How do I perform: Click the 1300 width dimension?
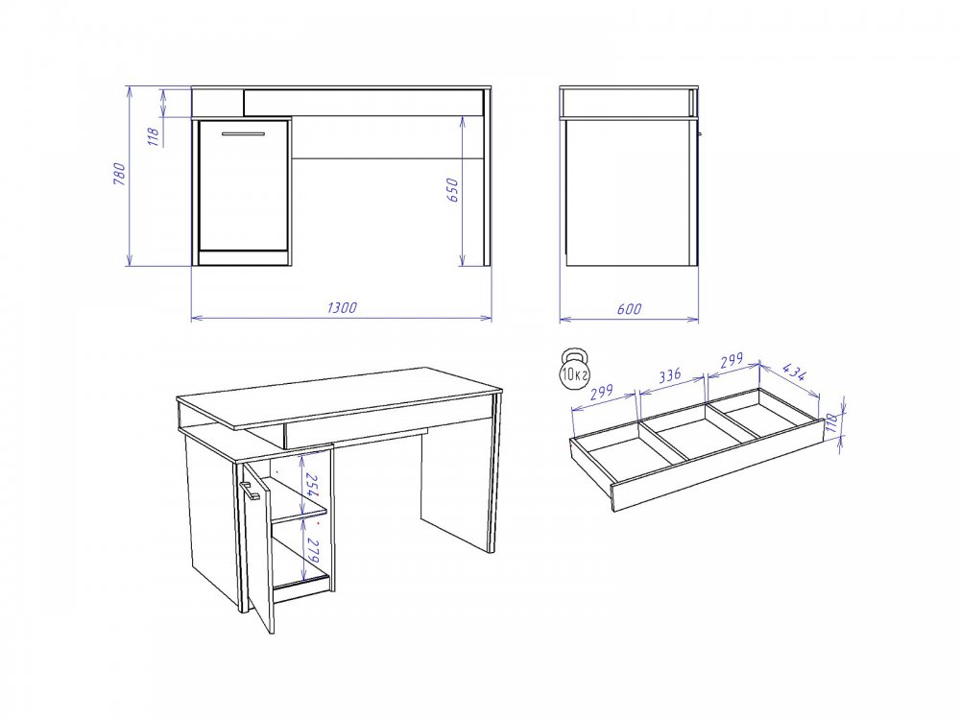(x=342, y=307)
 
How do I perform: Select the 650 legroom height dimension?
(x=452, y=190)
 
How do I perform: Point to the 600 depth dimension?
(x=629, y=308)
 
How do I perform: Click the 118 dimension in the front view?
(x=154, y=136)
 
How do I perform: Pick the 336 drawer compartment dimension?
(x=670, y=374)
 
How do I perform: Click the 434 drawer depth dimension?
(x=795, y=372)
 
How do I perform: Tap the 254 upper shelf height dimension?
(x=312, y=486)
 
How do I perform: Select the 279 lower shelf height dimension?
(x=312, y=551)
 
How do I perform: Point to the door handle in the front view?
(x=243, y=133)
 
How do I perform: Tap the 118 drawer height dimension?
(x=830, y=421)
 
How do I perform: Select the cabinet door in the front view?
(x=243, y=185)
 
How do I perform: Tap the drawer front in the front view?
(x=363, y=103)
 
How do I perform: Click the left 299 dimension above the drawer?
(x=602, y=393)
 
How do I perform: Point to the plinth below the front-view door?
(x=243, y=257)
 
